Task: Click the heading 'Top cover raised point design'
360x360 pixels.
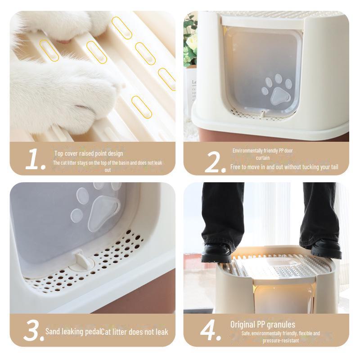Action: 89,153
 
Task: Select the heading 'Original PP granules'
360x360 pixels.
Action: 263,324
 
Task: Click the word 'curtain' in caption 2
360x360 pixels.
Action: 263,158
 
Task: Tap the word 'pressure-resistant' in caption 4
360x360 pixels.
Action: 280,340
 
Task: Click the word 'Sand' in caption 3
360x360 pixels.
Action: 52,331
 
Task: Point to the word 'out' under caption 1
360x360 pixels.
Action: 108,170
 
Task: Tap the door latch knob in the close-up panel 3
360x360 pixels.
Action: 82,261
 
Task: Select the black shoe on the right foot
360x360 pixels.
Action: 326,249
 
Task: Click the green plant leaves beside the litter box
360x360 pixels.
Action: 190,41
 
